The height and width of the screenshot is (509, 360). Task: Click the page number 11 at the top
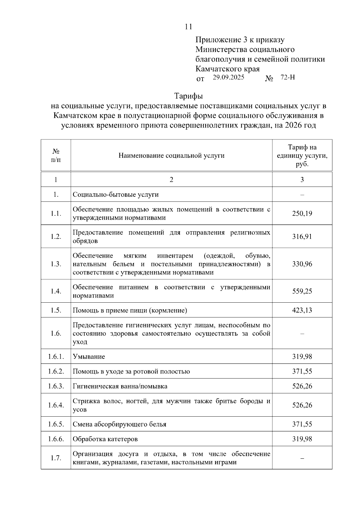coord(188,27)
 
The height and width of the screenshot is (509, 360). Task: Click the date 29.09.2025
coord(229,77)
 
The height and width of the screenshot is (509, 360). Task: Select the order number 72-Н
coord(288,77)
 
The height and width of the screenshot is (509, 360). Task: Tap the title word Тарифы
coord(188,96)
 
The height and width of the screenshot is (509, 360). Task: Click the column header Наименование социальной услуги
coord(171,155)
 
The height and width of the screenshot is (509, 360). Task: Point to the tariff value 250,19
coord(302,214)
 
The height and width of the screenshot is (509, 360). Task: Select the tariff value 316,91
coord(302,237)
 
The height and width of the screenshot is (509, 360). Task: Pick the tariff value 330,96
coord(302,264)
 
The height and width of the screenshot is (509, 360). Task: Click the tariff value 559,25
coord(302,291)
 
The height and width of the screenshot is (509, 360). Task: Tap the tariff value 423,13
coord(302,310)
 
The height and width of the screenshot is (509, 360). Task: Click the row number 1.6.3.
coord(56,386)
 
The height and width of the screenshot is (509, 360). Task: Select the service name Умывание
coord(89,357)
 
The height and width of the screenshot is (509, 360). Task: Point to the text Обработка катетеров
coord(105,439)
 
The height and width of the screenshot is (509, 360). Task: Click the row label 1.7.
coord(56,458)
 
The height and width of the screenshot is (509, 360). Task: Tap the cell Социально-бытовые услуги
coord(116,194)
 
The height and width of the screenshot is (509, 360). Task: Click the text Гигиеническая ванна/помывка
coord(120,386)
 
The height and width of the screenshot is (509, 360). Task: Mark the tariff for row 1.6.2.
coord(302,371)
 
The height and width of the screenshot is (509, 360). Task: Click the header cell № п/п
coord(56,155)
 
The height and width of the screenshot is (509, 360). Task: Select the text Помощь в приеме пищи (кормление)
coord(130,310)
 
